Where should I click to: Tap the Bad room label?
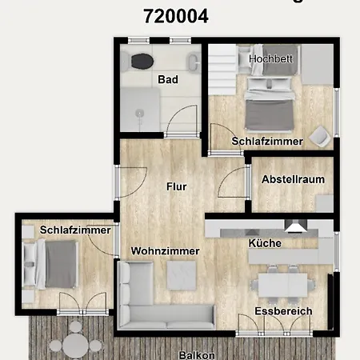pyautogui.click(x=167, y=79)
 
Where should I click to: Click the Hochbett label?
pyautogui.click(x=270, y=59)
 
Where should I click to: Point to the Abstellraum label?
pyautogui.click(x=293, y=179)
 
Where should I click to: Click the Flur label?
pyautogui.click(x=176, y=187)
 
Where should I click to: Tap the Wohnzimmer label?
pyautogui.click(x=166, y=250)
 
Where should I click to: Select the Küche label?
pyautogui.click(x=264, y=242)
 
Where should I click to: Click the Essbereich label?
pyautogui.click(x=283, y=310)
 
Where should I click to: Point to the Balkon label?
pyautogui.click(x=196, y=353)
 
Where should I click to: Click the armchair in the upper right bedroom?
pyautogui.click(x=321, y=136)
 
